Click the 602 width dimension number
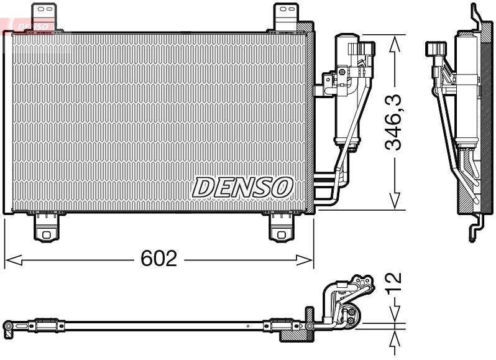point(158,259)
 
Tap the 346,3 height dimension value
point(393,122)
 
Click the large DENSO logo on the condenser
point(243,187)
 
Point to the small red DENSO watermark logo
point(31,25)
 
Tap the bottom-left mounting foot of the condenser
point(47,228)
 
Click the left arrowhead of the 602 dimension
point(11,259)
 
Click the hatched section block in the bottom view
point(295,330)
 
